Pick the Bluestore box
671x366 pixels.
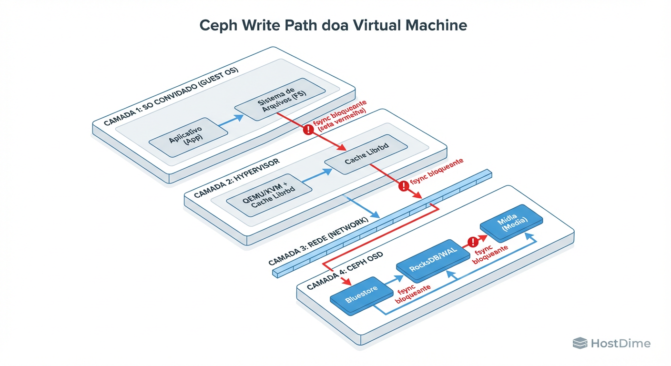[361, 296]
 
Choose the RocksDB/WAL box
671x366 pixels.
[432, 261]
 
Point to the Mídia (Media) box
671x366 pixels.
[511, 223]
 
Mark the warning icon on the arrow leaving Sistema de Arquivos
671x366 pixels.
[308, 129]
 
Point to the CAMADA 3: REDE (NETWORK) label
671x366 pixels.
[318, 241]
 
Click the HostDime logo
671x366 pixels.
[611, 343]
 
